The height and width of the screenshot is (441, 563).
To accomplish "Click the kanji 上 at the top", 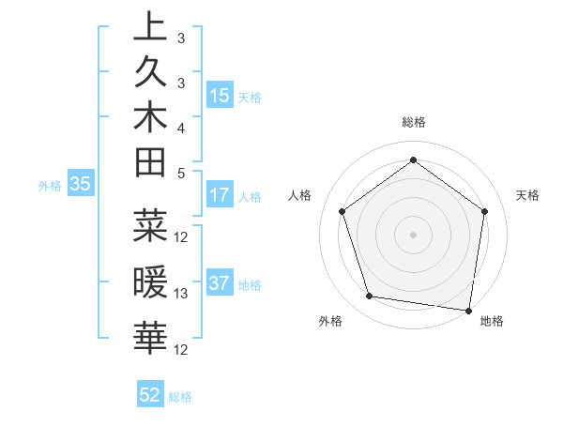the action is click(150, 27).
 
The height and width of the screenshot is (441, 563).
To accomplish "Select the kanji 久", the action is click(150, 72).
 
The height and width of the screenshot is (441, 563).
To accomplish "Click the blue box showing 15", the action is click(220, 96).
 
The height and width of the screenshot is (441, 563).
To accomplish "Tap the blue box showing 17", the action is click(220, 196).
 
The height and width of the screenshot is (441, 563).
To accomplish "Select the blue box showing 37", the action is click(220, 283).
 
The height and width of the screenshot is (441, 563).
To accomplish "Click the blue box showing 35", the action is click(81, 185).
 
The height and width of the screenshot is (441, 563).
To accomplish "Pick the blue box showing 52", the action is click(150, 395).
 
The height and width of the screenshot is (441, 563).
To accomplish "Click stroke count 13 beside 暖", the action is click(182, 294).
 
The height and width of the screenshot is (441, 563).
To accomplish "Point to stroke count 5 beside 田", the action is click(181, 173).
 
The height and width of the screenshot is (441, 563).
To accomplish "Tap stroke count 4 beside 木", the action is click(181, 127).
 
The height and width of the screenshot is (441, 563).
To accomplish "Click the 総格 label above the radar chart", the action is click(414, 122).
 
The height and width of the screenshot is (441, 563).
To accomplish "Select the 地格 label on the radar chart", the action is click(492, 321).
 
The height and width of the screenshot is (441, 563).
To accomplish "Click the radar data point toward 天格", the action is click(484, 211).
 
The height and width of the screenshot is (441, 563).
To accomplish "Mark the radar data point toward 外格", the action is click(370, 297).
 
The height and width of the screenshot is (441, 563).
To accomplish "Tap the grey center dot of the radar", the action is click(414, 234).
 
